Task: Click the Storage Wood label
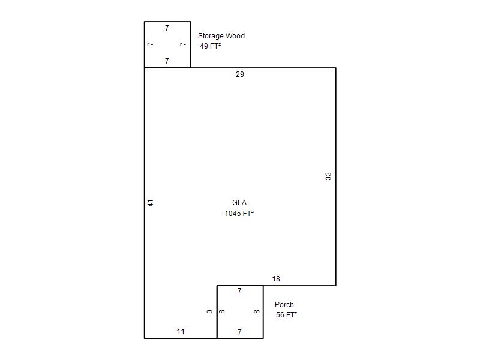(x=221, y=36)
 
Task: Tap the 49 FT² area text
(x=211, y=46)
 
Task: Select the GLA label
(x=239, y=203)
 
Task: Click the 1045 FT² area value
(x=239, y=214)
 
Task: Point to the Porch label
(x=284, y=305)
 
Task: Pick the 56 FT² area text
(x=287, y=314)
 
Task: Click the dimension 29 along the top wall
(x=239, y=74)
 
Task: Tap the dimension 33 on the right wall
(x=328, y=176)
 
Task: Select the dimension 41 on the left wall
(x=151, y=203)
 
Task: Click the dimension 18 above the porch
(x=276, y=279)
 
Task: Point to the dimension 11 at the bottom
(x=181, y=332)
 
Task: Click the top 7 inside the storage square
(x=167, y=28)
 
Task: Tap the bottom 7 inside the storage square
(x=167, y=61)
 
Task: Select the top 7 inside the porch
(x=239, y=291)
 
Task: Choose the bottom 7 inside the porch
(x=239, y=332)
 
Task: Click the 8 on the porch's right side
(x=257, y=311)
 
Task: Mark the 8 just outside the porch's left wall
(x=209, y=311)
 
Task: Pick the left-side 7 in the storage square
(x=150, y=44)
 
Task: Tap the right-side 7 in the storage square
(x=183, y=44)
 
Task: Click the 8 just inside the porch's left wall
(x=222, y=311)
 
